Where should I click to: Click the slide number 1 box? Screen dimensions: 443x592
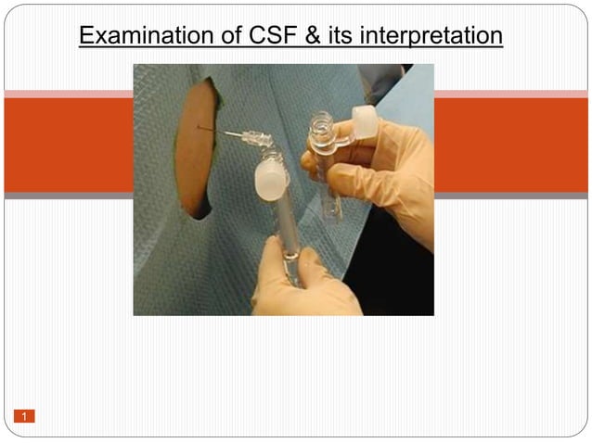point(24,416)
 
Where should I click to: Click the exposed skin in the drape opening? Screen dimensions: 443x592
point(196,148)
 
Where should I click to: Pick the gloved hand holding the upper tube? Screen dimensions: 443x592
point(390,176)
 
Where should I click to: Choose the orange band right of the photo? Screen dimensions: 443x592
point(510,144)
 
